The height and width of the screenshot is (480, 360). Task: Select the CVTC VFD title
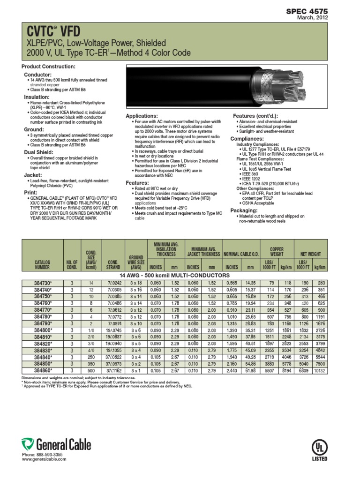click(48, 31)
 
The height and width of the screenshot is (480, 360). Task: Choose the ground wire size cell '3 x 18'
click(136, 284)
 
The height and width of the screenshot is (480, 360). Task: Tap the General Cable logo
click(56, 444)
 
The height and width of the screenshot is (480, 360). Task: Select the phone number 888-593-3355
click(49, 455)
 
